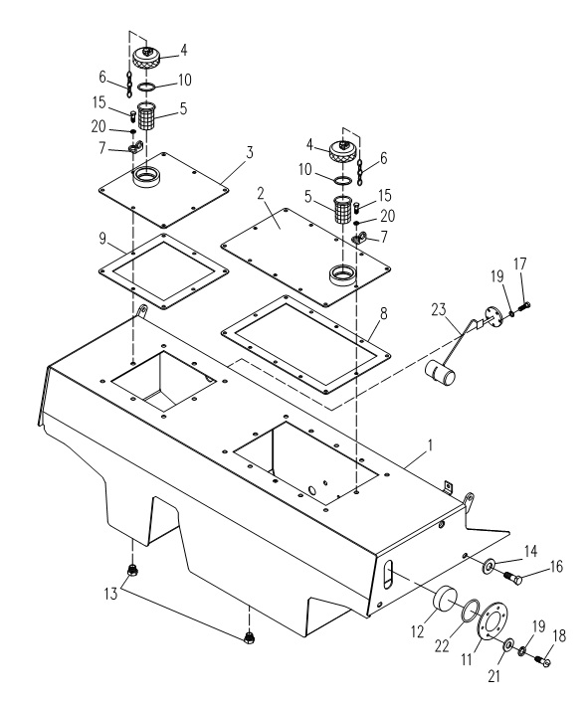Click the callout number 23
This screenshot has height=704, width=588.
439,309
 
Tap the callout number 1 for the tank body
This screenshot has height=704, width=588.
430,445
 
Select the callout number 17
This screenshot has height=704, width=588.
519,264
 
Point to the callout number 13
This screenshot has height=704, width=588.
110,594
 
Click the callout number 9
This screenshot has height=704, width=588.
102,239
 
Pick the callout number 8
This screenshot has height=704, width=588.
383,314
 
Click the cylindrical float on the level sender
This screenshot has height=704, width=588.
440,374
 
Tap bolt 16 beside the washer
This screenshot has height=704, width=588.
513,579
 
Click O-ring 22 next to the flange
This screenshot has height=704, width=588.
470,612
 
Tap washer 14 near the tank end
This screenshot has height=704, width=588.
489,566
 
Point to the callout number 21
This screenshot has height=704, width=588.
493,676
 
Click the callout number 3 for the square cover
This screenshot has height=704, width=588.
250,153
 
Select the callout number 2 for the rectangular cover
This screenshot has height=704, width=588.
261,194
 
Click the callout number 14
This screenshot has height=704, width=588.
530,551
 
